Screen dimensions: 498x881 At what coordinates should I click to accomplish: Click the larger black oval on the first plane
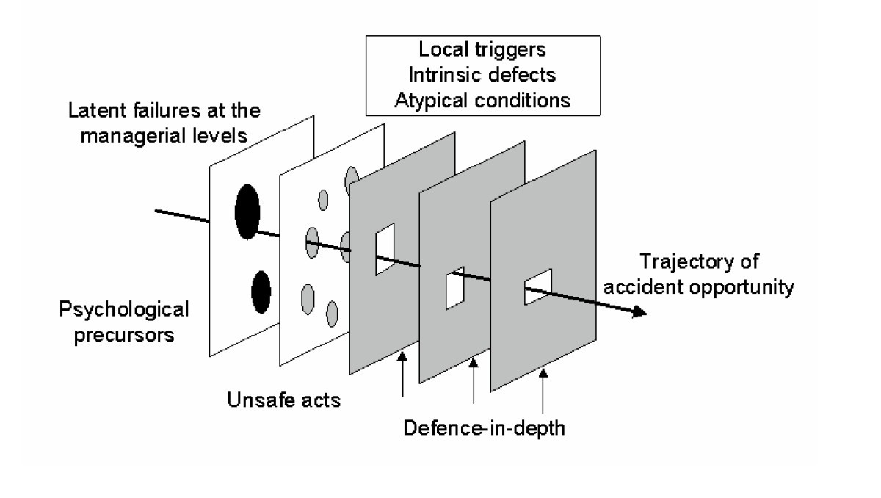(247, 210)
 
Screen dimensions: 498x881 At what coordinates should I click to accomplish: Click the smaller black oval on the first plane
(260, 292)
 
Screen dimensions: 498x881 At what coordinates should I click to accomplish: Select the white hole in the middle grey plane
(455, 288)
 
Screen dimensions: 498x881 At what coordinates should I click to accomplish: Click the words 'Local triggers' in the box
(467, 51)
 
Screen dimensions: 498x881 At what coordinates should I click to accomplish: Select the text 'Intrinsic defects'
(467, 74)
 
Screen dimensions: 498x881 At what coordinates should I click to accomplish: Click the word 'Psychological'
(124, 308)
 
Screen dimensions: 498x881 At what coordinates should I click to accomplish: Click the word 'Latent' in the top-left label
(90, 112)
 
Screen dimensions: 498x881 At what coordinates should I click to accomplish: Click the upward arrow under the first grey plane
(402, 375)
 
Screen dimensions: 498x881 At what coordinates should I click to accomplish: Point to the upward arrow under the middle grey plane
(474, 380)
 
